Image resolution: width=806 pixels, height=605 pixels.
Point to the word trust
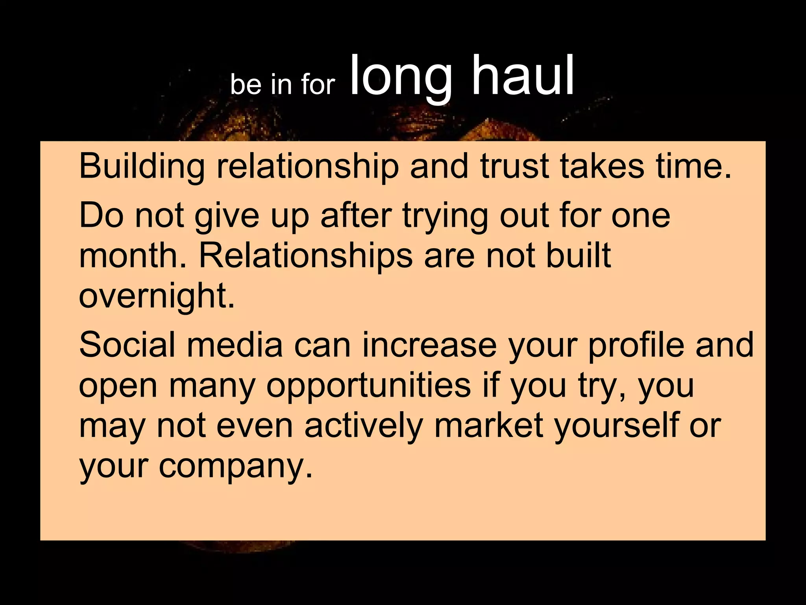514,166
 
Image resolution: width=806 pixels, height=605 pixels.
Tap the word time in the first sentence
693,166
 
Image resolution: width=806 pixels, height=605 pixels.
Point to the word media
235,345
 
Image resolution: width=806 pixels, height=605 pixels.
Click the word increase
429,345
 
